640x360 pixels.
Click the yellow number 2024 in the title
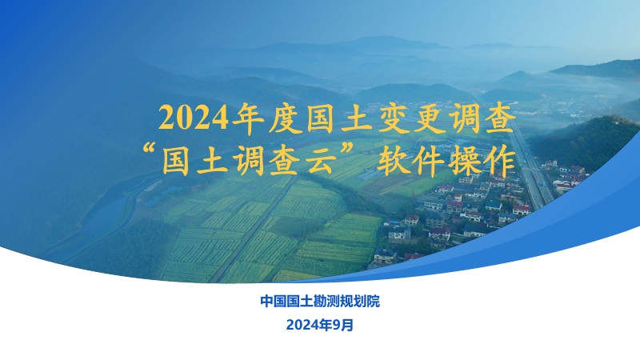pos(192,118)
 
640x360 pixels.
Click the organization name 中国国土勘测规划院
pos(320,302)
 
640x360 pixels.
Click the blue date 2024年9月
pos(320,325)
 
